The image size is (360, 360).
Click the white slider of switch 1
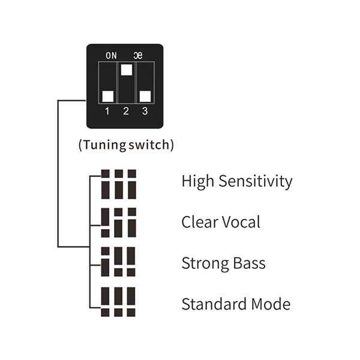(107, 95)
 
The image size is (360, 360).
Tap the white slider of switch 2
(126, 69)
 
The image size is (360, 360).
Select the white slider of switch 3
(145, 95)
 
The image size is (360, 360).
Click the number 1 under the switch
(107, 111)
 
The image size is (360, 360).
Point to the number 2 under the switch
(126, 111)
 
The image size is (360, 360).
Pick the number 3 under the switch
(145, 111)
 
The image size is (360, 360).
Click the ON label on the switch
(111, 55)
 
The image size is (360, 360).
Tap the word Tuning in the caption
(104, 145)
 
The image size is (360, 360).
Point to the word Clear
(199, 222)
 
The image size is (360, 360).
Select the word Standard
(211, 304)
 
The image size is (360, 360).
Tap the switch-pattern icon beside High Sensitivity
(119, 184)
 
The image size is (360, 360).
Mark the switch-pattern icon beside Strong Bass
(119, 262)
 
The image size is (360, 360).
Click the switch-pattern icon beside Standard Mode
(119, 302)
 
